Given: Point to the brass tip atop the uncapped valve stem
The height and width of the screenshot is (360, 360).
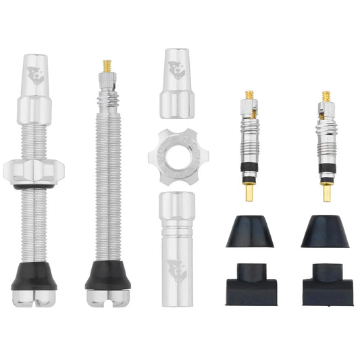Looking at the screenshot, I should tap(107, 66).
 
